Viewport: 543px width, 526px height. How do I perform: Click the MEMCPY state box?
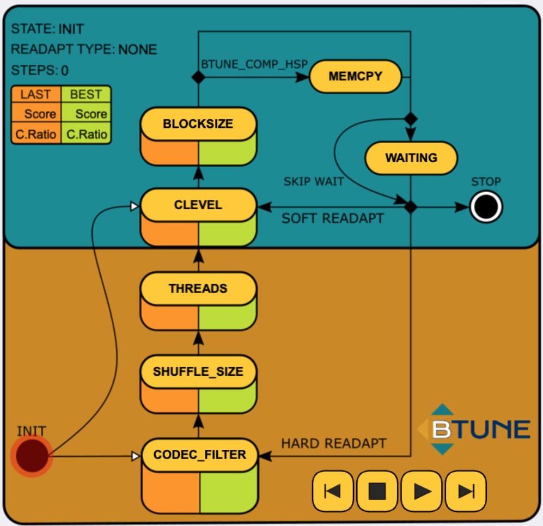[356, 76]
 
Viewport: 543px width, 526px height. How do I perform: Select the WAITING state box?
[411, 158]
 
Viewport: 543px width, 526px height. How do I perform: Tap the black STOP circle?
[486, 207]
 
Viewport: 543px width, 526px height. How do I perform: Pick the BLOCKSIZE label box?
[198, 124]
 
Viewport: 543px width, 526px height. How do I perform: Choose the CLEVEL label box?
[198, 205]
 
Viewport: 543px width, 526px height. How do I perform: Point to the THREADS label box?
[198, 289]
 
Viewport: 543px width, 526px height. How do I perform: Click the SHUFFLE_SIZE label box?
[198, 372]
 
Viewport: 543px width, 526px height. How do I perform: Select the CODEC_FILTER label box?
[200, 455]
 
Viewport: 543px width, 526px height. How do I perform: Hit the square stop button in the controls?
[377, 491]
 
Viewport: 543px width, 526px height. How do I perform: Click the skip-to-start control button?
[333, 491]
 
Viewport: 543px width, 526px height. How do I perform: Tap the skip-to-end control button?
[466, 491]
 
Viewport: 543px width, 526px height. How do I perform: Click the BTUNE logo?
[474, 429]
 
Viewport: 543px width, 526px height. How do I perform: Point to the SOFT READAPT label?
[332, 219]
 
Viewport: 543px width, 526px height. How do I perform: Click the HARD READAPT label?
[333, 443]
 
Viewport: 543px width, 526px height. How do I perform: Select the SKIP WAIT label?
[314, 182]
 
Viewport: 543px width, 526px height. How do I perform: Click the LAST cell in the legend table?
[35, 94]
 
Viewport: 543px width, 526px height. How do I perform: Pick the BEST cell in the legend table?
[86, 94]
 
